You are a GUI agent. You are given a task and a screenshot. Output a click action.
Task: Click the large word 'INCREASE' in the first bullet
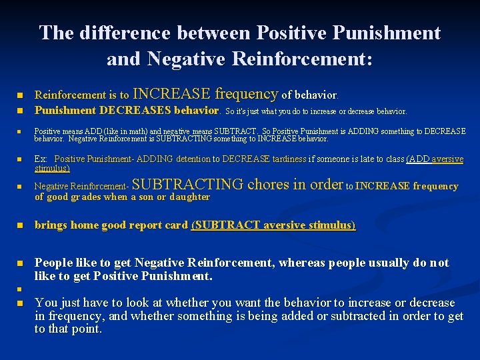[x=171, y=93]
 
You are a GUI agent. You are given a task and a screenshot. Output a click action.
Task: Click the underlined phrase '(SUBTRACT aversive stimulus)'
[x=273, y=225]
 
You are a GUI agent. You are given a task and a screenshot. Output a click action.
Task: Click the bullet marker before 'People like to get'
[x=21, y=263]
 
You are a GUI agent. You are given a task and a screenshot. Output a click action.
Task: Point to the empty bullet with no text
[x=21, y=289]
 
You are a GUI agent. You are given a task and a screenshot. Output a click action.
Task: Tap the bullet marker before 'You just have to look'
[x=21, y=303]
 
